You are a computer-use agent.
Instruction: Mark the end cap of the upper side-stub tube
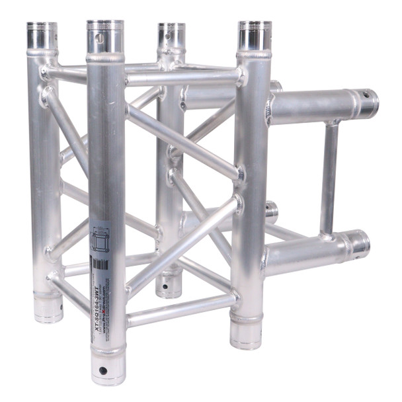(366, 103)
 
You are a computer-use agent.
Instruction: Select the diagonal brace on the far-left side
(66, 133)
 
